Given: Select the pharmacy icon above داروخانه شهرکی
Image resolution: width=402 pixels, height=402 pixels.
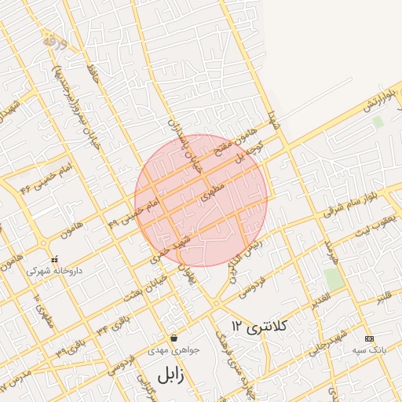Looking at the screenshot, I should point(53,258).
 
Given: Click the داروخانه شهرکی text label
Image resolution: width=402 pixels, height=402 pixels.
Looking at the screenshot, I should point(53,270).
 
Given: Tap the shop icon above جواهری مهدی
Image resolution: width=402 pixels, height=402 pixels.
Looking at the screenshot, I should point(173,338).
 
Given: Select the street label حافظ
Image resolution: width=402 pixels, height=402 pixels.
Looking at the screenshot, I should point(92,75).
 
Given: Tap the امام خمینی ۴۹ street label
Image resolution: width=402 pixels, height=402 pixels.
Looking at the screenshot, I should point(133,211).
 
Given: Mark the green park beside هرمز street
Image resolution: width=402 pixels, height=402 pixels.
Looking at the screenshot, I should point(334,279).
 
